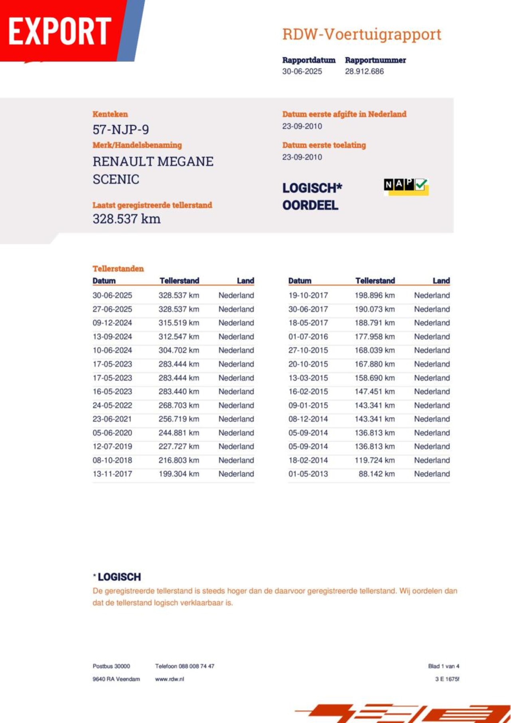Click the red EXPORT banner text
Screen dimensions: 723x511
click(59, 31)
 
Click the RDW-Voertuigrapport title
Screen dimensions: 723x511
click(362, 34)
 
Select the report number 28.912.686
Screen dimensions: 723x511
click(364, 71)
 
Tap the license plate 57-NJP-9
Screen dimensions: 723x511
click(121, 130)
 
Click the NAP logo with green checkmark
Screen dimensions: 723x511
click(406, 186)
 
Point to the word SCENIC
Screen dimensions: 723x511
click(116, 179)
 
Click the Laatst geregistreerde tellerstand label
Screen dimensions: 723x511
click(152, 205)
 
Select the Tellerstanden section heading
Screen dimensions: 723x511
click(118, 269)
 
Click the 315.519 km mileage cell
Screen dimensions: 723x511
click(178, 323)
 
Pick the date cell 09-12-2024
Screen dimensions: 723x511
click(112, 323)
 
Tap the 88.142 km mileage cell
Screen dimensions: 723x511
click(376, 474)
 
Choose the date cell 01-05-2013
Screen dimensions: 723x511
click(308, 474)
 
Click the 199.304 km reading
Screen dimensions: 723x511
click(178, 474)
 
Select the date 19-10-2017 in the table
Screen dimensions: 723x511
click(308, 295)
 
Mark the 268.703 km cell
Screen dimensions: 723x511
click(178, 405)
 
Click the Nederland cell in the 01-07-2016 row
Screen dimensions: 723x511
click(432, 336)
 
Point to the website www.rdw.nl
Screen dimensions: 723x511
click(170, 679)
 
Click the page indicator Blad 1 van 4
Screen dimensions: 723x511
click(444, 666)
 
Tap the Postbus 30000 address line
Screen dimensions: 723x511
click(111, 666)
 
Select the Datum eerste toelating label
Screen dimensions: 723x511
click(324, 145)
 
